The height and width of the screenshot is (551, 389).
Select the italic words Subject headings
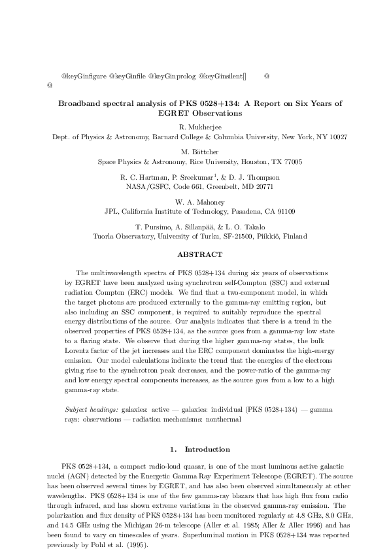tap(93, 409)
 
